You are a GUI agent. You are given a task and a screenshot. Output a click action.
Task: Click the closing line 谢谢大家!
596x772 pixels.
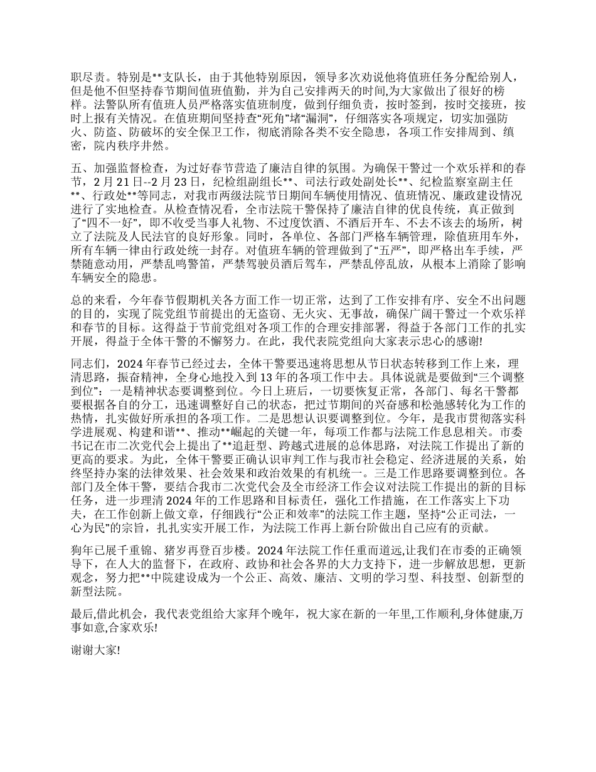(95, 651)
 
